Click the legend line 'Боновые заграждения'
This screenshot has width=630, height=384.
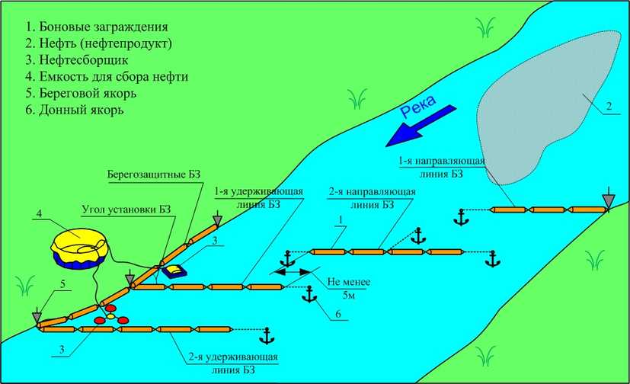pyautogui.click(x=88, y=27)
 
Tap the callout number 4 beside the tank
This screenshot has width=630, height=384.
pyautogui.click(x=39, y=214)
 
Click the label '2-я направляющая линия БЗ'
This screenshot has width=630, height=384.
pyautogui.click(x=371, y=198)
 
